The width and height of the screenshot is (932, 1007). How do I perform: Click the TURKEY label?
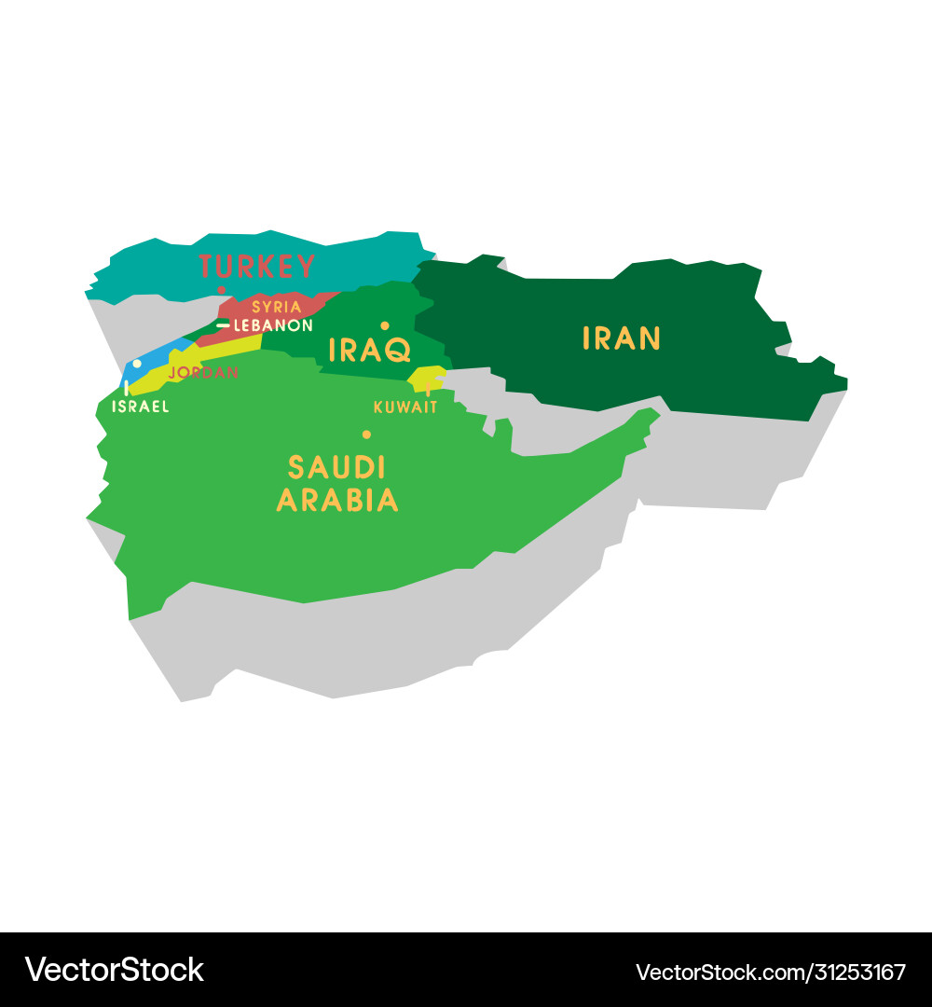coord(257,267)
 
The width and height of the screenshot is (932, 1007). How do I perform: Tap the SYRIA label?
coord(277,307)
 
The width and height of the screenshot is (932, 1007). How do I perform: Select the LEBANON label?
coord(273,325)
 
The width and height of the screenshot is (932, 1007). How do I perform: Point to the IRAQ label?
coord(370,351)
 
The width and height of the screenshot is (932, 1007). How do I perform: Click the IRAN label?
coord(622,338)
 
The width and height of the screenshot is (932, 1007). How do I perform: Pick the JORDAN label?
coord(203,373)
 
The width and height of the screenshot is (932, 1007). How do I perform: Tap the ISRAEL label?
coord(141,407)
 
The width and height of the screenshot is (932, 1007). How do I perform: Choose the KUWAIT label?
coord(405,407)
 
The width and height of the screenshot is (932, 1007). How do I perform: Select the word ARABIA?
coord(337,501)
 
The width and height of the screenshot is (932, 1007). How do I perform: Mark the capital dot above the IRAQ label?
coord(384,325)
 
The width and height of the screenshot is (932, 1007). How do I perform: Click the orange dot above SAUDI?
coord(366,435)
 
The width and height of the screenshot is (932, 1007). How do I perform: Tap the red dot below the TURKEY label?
coord(222,290)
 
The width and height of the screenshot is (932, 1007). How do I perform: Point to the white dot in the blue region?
coord(137,364)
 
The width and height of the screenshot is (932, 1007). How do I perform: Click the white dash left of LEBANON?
coord(223,325)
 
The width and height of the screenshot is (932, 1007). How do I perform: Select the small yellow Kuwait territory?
coord(425,378)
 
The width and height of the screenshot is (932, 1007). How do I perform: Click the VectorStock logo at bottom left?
coord(114,970)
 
